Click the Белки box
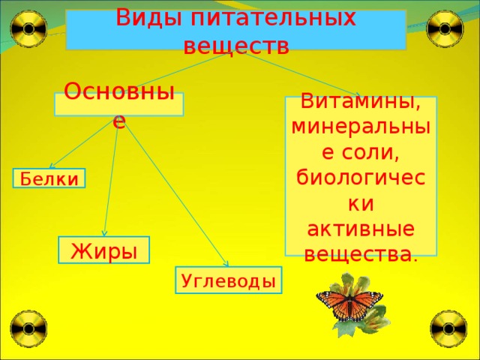click(49, 178)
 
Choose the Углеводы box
click(228, 281)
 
